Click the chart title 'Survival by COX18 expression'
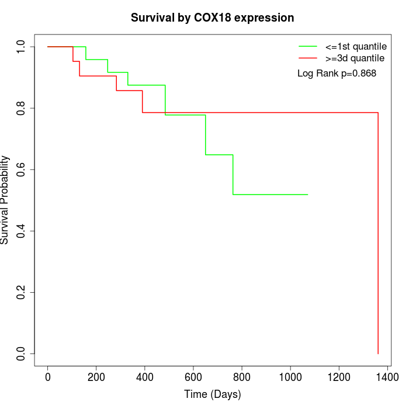(x=212, y=18)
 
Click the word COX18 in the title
(x=211, y=18)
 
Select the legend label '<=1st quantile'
(x=352, y=46)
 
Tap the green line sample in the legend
(x=307, y=46)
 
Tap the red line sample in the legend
(x=307, y=58)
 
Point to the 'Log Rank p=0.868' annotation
(x=337, y=74)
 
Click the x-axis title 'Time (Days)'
(x=212, y=394)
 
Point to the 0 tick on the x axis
(x=48, y=377)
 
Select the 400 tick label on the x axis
(x=145, y=377)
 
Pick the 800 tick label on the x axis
(x=242, y=377)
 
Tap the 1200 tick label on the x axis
(x=339, y=377)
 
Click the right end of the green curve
(x=307, y=194)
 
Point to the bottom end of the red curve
(x=378, y=353)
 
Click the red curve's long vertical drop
(x=378, y=234)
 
